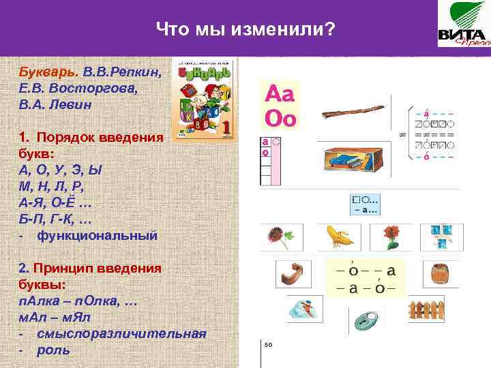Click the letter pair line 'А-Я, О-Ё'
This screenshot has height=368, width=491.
55,202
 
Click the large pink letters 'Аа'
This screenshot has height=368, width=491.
280,94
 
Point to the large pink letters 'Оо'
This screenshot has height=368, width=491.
280,119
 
